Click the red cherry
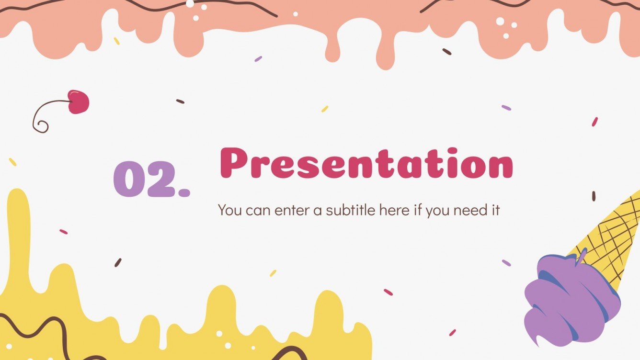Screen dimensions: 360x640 (79, 102)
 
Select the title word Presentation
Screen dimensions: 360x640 (366, 164)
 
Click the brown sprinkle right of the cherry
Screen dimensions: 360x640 (180, 101)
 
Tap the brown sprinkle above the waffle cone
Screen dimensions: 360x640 (594, 196)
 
